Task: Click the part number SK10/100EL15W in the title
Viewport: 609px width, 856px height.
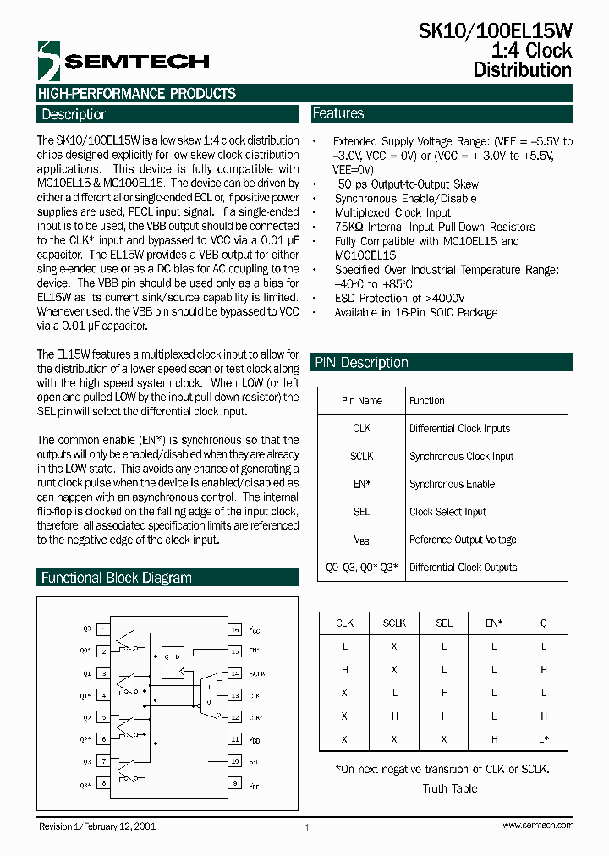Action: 496,32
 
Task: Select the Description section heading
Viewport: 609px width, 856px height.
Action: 75,114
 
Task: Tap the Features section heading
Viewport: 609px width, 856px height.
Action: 338,113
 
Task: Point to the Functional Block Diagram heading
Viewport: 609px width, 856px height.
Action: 117,578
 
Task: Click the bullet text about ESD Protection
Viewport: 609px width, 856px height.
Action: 399,298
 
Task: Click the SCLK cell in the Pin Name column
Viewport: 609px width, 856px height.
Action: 361,456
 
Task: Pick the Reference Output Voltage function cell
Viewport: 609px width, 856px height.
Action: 463,540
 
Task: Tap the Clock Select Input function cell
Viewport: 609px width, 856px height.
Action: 447,512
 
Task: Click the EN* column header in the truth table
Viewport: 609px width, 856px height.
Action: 494,623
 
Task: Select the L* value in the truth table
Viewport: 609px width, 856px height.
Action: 544,739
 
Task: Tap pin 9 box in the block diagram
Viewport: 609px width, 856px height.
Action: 236,783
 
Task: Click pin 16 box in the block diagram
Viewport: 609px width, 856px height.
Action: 236,629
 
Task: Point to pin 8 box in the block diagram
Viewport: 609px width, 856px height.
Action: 103,783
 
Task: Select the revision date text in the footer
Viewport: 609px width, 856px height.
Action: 96,826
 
